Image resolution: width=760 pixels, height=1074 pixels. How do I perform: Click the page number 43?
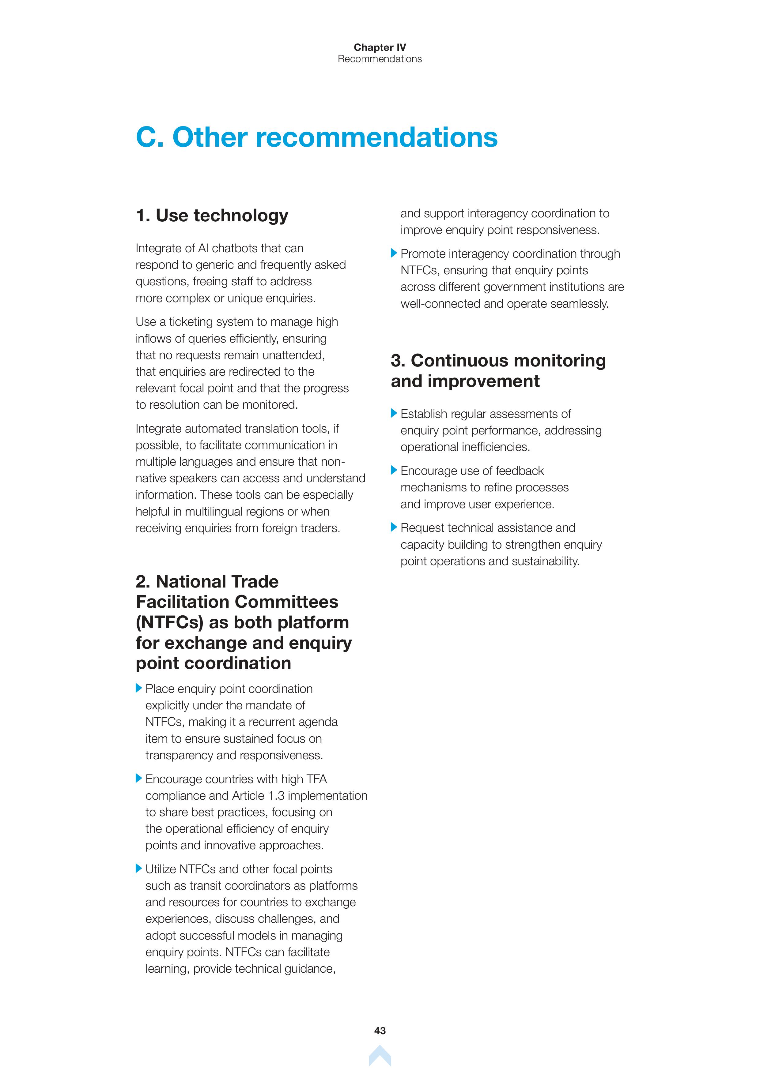click(x=380, y=1031)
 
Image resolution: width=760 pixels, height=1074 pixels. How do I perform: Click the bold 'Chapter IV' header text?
click(x=380, y=47)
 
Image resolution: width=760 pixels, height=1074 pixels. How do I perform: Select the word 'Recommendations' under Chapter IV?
click(x=380, y=59)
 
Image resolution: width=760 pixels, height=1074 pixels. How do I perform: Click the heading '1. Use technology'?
click(x=212, y=216)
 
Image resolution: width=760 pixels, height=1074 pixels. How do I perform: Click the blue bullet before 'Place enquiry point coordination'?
click(x=138, y=688)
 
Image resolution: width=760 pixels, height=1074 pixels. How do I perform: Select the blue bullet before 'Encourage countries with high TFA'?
click(x=138, y=778)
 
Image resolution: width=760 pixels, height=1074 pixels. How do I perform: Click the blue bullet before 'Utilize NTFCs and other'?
click(x=138, y=868)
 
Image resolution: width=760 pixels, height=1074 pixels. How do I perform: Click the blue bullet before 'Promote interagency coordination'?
click(x=394, y=253)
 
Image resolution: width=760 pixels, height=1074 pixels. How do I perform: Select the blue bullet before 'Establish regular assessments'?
click(x=394, y=413)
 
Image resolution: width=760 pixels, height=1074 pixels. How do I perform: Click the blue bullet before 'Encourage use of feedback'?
click(x=394, y=470)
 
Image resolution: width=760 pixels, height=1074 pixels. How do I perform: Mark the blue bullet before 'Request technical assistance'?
click(x=394, y=527)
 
